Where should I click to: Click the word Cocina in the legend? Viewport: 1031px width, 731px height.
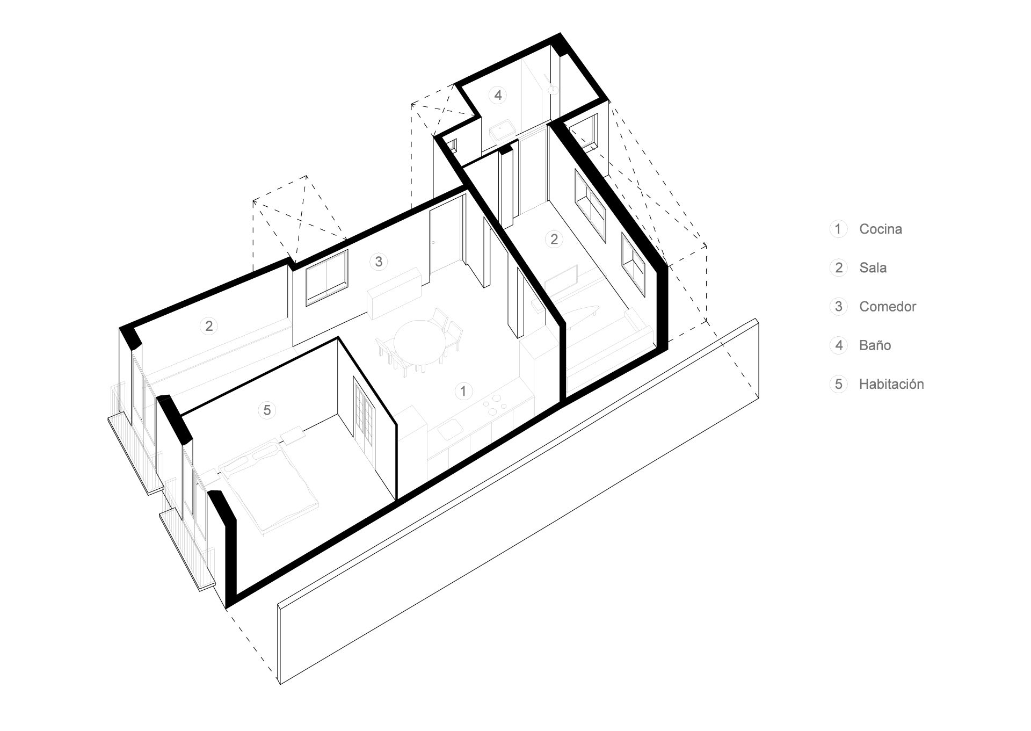(880, 229)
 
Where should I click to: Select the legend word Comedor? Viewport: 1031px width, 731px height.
(888, 307)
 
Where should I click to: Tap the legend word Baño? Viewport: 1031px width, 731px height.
(875, 345)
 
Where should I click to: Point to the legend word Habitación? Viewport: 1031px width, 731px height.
(891, 384)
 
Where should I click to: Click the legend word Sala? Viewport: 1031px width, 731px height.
(873, 267)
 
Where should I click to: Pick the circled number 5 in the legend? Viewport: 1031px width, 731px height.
(838, 384)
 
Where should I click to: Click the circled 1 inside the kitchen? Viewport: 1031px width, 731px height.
(463, 391)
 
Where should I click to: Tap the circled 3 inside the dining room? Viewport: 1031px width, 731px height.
(379, 262)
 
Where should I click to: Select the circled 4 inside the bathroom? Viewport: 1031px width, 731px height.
(498, 95)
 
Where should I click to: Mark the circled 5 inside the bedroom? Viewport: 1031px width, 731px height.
(267, 410)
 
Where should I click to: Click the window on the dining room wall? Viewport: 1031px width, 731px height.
(326, 278)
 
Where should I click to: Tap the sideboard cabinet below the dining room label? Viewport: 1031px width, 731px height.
(394, 293)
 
